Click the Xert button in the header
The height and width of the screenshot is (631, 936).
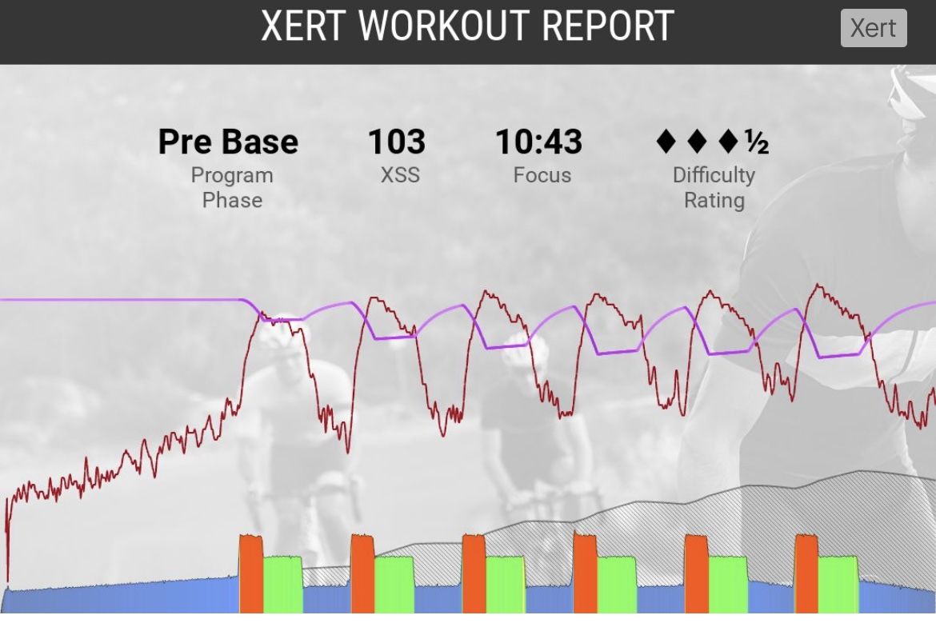(873, 28)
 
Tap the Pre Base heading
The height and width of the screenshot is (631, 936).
(228, 142)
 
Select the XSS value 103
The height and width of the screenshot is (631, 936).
(396, 142)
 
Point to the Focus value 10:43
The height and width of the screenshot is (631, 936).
(538, 142)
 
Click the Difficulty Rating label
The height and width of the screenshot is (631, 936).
(714, 187)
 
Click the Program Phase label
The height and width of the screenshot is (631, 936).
(232, 187)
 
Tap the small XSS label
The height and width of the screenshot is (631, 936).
(400, 175)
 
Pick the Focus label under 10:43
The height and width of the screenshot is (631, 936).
(542, 175)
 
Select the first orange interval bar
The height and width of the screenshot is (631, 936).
(251, 574)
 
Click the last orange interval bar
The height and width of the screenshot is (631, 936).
(806, 574)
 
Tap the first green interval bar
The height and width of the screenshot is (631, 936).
(283, 584)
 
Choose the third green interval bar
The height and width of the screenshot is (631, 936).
(506, 584)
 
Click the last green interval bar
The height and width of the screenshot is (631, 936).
(838, 584)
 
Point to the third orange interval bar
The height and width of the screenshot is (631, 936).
(474, 574)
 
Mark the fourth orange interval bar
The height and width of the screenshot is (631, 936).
(585, 574)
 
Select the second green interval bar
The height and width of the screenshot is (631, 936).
(394, 584)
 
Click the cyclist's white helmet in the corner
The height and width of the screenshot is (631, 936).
(913, 92)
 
